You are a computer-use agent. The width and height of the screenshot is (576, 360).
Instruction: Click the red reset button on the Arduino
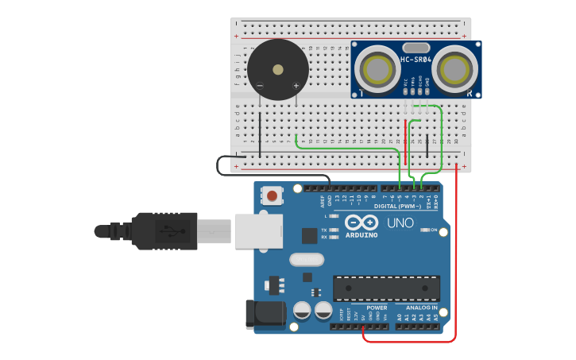tap(273, 195)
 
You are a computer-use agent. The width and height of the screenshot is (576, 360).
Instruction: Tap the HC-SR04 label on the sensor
tap(416, 60)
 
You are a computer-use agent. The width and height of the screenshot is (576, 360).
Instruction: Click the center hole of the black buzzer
tap(277, 69)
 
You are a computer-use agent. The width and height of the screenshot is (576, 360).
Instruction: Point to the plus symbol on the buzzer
tap(296, 86)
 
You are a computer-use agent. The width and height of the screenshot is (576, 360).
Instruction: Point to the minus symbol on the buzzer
tap(260, 86)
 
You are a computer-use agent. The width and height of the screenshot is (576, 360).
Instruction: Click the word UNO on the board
tap(400, 223)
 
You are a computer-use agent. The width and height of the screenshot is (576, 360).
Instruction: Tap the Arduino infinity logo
tap(361, 223)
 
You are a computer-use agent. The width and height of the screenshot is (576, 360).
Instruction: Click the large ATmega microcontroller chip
tap(386, 288)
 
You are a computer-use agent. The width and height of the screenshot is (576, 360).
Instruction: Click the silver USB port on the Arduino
tap(253, 230)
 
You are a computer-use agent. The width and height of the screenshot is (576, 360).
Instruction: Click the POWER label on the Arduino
tap(377, 308)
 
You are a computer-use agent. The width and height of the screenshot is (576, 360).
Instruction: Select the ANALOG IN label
tap(422, 308)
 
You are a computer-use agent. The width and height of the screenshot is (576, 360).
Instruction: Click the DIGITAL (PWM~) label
tap(396, 207)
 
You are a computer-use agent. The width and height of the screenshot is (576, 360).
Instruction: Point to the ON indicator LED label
tap(433, 230)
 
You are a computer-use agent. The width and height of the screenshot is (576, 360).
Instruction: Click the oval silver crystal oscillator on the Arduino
tap(307, 259)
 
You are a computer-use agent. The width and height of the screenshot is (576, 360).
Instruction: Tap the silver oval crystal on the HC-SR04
tap(415, 48)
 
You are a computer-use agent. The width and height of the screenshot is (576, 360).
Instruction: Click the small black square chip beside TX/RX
tap(309, 235)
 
